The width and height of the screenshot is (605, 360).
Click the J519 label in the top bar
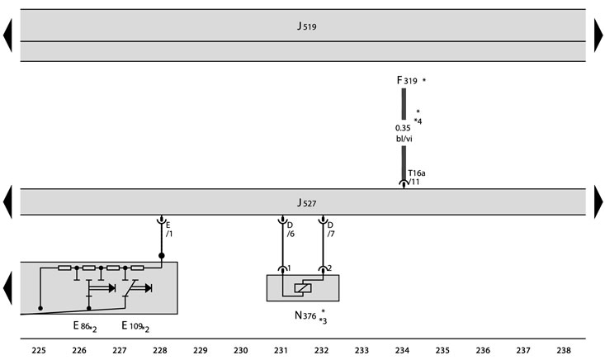307,26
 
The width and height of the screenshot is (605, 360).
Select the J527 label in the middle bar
307,202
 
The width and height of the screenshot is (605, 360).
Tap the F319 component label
407,80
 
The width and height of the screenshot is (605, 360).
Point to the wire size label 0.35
403,128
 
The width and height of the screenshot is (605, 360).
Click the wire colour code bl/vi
404,139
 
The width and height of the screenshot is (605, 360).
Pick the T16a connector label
417,173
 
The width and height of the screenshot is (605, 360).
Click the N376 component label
305,315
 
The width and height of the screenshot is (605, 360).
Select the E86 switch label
82,326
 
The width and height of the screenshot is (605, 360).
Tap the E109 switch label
132,326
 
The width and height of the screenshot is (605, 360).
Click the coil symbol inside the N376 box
303,288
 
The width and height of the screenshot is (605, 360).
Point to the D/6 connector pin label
291,230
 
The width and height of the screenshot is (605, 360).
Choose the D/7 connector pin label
331,230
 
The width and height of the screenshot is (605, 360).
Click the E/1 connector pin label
169,230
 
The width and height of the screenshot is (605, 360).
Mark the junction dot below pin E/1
162,256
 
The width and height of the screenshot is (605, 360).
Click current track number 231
281,350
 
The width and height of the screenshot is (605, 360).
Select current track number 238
564,350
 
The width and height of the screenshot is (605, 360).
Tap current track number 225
39,350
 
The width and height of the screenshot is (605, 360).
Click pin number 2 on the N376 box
329,268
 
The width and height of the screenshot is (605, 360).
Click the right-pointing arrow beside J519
598,36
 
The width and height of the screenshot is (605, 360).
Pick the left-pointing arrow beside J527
7,201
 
